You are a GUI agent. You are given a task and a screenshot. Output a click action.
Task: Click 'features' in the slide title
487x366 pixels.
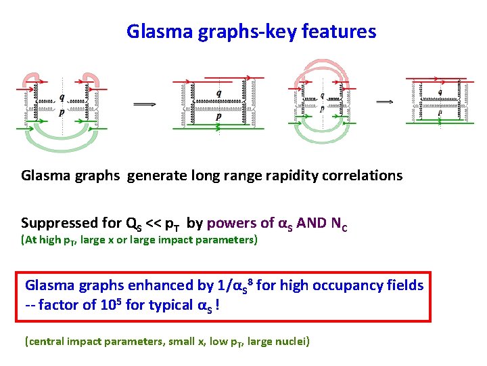(341, 31)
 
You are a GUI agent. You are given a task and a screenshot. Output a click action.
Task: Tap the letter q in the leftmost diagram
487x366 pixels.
(62, 96)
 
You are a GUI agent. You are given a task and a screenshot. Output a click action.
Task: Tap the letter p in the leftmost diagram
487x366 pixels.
(62, 113)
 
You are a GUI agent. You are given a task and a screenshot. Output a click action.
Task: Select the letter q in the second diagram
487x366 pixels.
(218, 92)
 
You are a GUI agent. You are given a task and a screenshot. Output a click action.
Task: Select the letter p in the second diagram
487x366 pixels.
(218, 116)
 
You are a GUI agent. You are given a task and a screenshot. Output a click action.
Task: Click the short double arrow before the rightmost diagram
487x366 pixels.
(385, 102)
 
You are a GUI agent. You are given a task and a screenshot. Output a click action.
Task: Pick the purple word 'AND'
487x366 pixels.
(312, 223)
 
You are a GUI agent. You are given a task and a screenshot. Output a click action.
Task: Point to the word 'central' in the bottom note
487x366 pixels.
(45, 341)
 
